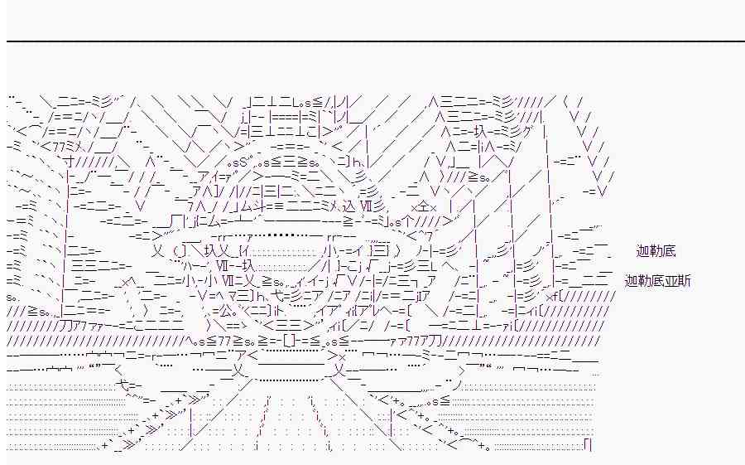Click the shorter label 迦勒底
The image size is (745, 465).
tap(656, 250)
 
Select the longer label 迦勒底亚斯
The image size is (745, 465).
tap(657, 281)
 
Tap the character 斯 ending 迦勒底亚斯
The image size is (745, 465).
tap(684, 281)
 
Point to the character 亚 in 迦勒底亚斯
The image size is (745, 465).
tap(670, 281)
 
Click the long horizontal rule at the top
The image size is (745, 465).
tap(372, 41)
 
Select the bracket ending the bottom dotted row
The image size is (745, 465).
tap(587, 446)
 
